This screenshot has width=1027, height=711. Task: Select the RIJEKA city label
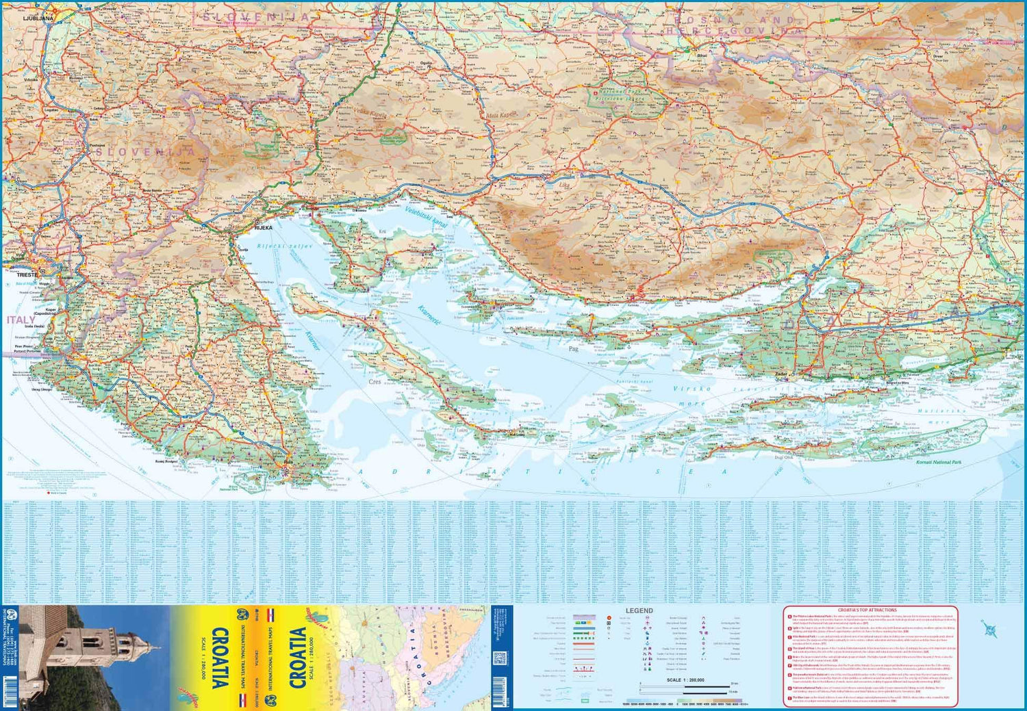[263, 228]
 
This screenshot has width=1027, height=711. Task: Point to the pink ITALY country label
[21, 320]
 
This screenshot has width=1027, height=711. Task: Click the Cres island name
[375, 382]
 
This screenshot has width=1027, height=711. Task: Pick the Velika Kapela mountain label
[370, 116]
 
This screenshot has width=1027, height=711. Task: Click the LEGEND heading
[639, 610]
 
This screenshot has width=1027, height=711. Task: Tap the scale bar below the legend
[685, 686]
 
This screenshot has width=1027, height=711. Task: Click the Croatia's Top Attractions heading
[867, 610]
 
